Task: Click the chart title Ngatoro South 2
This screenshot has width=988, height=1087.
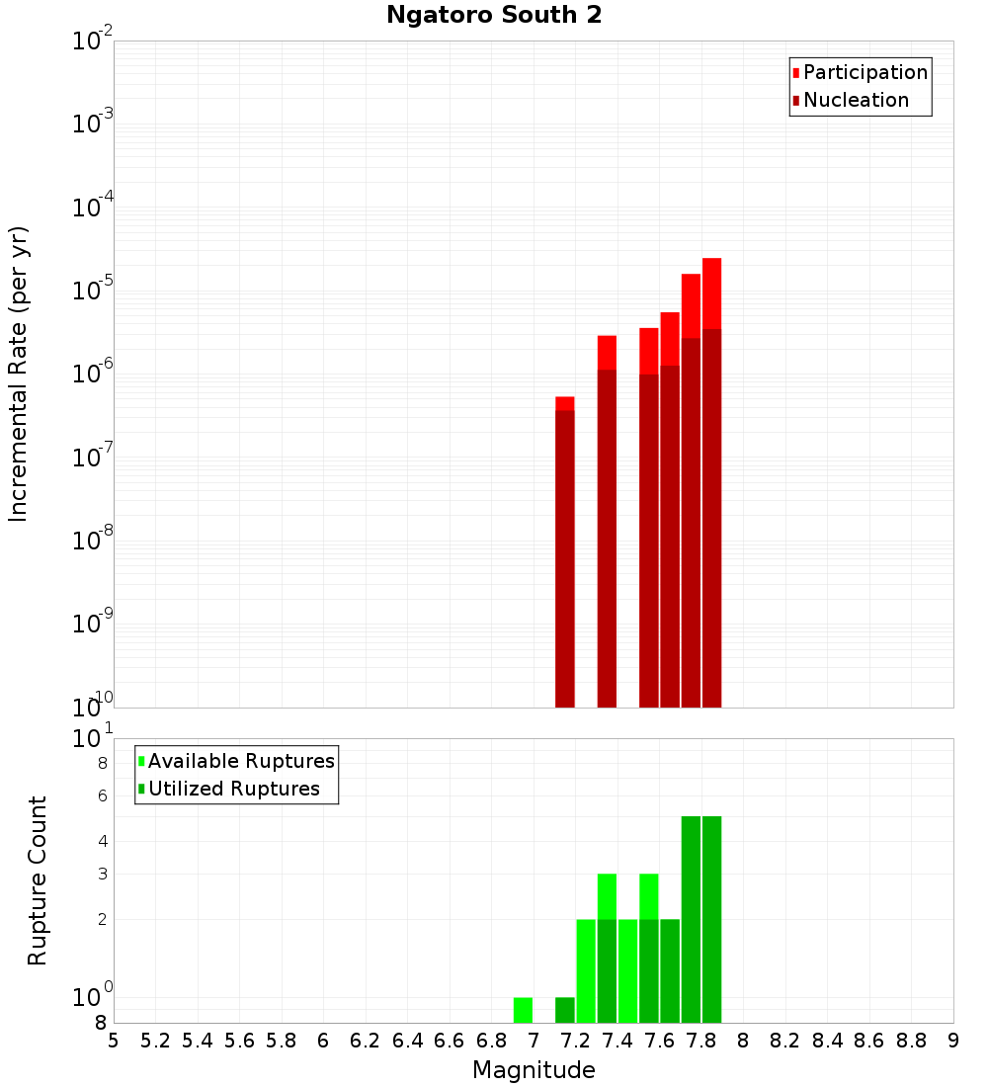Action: click(494, 15)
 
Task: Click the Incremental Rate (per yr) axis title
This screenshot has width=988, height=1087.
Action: click(19, 374)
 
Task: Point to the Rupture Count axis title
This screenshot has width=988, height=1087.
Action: click(38, 880)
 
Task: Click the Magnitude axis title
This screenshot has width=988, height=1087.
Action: click(534, 1070)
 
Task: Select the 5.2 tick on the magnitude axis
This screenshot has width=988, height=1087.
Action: click(156, 1041)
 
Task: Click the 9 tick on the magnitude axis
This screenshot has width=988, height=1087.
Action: click(952, 1041)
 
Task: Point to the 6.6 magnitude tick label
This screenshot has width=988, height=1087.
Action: click(450, 1041)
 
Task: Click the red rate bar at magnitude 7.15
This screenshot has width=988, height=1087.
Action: click(565, 553)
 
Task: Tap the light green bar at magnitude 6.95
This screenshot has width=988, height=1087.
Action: click(523, 1010)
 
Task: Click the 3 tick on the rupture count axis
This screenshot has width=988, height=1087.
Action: click(102, 874)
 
